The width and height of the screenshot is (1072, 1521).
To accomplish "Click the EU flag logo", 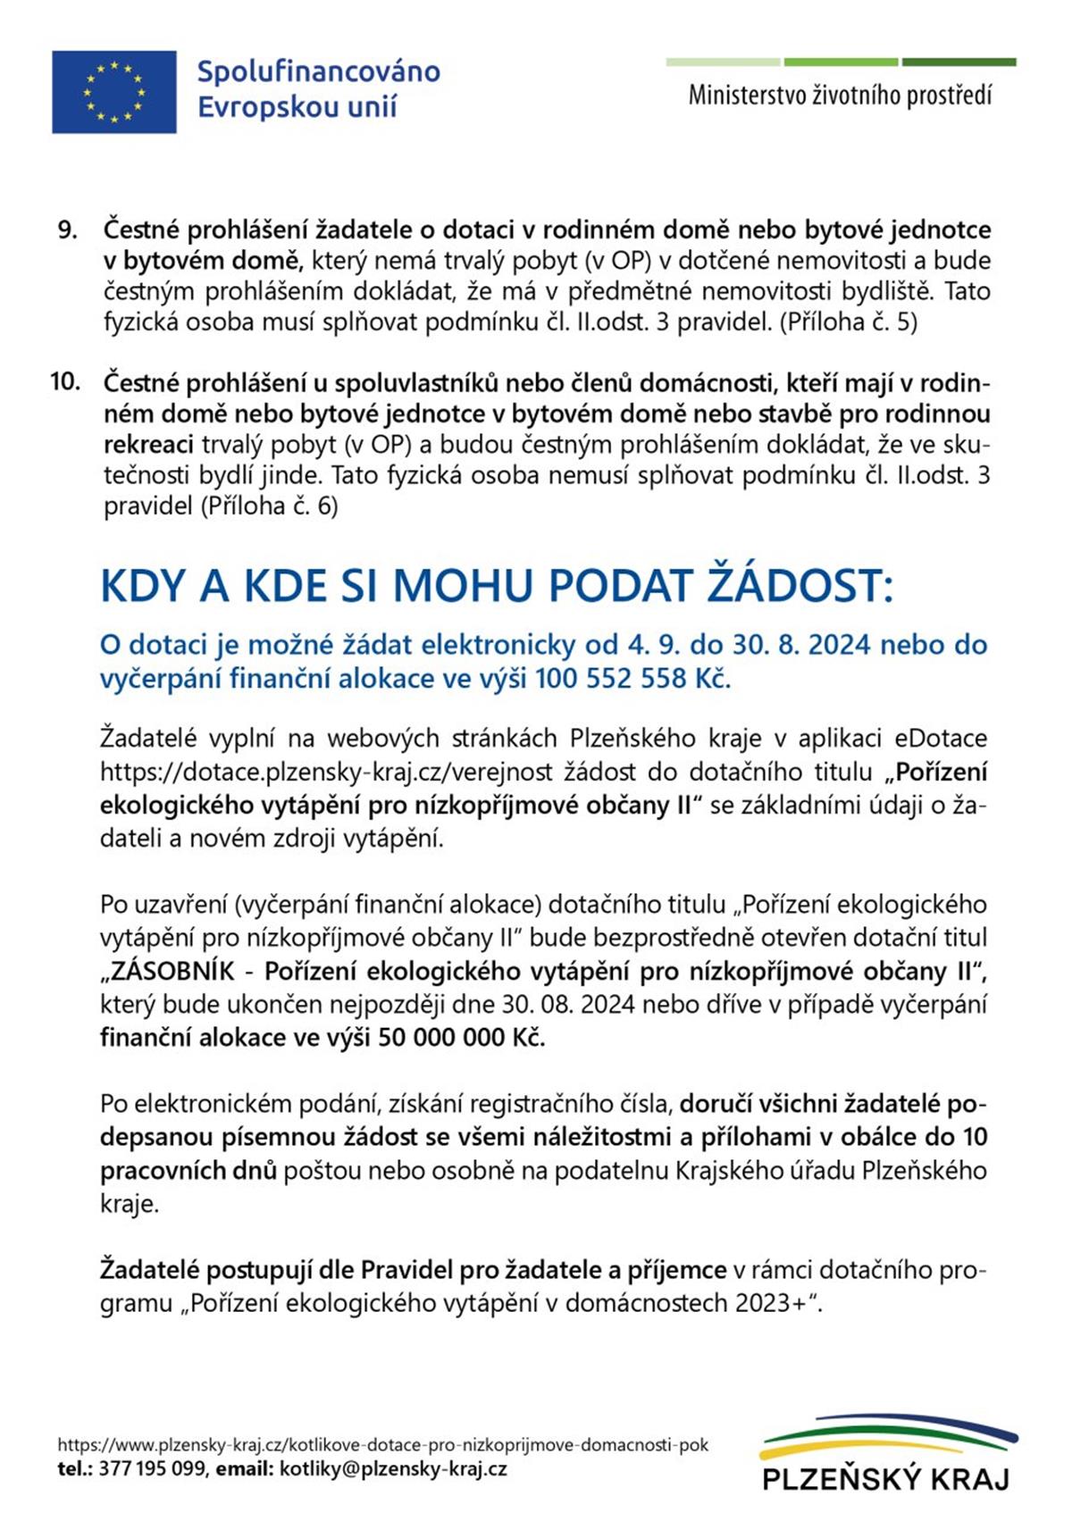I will point(113,92).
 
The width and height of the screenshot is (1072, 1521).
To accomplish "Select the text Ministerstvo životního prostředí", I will point(840,96).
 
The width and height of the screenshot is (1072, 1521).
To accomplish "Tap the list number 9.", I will point(67,230).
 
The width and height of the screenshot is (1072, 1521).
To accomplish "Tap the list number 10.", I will point(65,382).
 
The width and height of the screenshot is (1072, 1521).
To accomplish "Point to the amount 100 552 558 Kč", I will point(632,679).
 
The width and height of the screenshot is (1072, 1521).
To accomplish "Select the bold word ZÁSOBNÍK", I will point(172,971).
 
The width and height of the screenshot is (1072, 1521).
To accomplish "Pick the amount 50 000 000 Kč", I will point(461,1038).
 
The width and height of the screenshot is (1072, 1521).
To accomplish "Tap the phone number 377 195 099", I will point(152,1469).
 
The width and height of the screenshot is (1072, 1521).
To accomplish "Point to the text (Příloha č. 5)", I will point(849,322).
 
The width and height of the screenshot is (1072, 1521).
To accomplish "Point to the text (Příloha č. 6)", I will point(270,506).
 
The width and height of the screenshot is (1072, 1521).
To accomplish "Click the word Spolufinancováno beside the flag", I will point(318,71).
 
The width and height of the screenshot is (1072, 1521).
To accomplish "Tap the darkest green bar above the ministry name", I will point(959,63).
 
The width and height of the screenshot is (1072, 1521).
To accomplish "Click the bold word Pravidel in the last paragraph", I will point(407,1270).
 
